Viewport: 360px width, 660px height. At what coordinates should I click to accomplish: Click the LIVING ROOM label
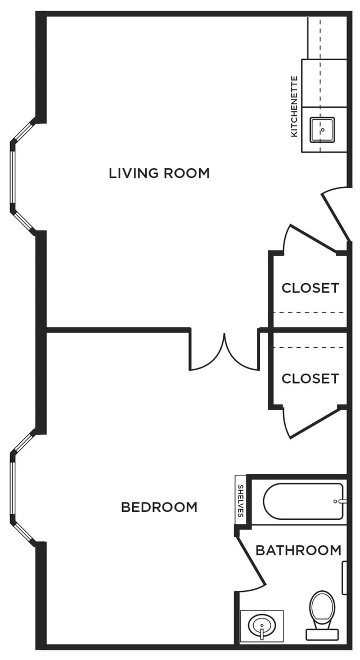point(159,173)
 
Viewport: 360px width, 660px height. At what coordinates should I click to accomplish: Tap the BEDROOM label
point(159,507)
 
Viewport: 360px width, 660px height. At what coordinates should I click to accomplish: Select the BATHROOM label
point(298,550)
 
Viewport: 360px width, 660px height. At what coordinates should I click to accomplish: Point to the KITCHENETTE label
point(294,106)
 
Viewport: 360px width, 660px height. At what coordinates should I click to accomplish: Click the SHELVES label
point(241,501)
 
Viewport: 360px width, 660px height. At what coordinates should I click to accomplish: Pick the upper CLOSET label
point(310,288)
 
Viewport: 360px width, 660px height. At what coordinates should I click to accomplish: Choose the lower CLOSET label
point(310,379)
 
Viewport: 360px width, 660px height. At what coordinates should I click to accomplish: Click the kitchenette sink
point(322,130)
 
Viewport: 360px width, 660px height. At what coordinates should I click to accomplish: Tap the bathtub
point(303,501)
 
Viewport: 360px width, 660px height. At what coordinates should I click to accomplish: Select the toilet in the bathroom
point(322,615)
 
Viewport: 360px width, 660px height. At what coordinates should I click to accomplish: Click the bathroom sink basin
point(262,626)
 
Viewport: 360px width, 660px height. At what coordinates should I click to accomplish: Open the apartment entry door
point(336,214)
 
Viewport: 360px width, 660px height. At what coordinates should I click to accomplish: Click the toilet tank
point(322,635)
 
